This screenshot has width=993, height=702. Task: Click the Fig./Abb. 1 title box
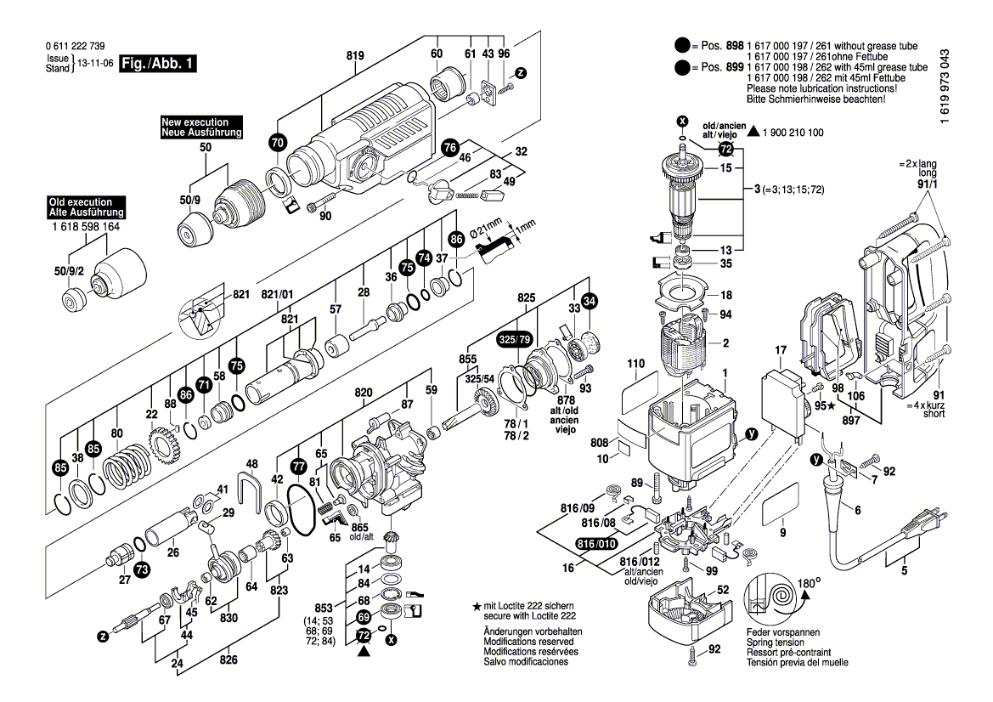[x=158, y=64]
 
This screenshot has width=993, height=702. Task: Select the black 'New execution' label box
[x=201, y=128]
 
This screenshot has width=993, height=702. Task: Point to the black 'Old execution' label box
[x=87, y=207]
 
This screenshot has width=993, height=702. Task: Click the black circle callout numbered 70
[x=277, y=144]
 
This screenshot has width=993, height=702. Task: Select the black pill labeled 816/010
[x=596, y=544]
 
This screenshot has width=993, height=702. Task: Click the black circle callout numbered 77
[x=297, y=467]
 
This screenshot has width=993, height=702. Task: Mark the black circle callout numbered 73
[x=141, y=569]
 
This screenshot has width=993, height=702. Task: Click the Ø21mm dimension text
[x=496, y=227]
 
